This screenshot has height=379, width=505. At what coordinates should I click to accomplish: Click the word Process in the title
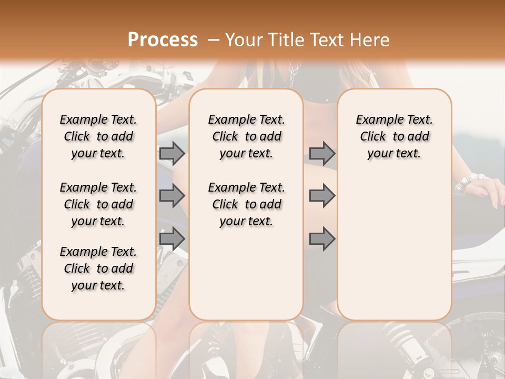click(163, 39)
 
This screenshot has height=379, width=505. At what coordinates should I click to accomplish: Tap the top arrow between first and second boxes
click(172, 153)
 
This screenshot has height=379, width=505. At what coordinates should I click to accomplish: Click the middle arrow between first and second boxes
click(172, 196)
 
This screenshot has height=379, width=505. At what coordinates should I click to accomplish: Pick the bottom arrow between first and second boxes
click(172, 239)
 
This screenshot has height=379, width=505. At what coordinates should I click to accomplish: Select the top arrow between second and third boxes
click(322, 153)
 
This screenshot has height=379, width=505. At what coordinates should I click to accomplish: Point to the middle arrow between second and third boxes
click(322, 196)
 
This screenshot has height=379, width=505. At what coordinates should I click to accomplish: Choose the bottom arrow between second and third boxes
click(322, 239)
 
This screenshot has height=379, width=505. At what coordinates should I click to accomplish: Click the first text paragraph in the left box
click(98, 136)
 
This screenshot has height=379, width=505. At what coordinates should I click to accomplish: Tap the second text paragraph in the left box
click(98, 204)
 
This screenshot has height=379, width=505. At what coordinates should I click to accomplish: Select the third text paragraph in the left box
click(98, 268)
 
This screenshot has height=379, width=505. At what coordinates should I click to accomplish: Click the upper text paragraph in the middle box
click(246, 136)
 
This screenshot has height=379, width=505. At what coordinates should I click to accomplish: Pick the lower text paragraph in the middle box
click(246, 204)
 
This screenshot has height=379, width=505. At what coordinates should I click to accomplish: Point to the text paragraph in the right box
click(394, 136)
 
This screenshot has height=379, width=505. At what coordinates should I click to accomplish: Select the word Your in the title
click(243, 40)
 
